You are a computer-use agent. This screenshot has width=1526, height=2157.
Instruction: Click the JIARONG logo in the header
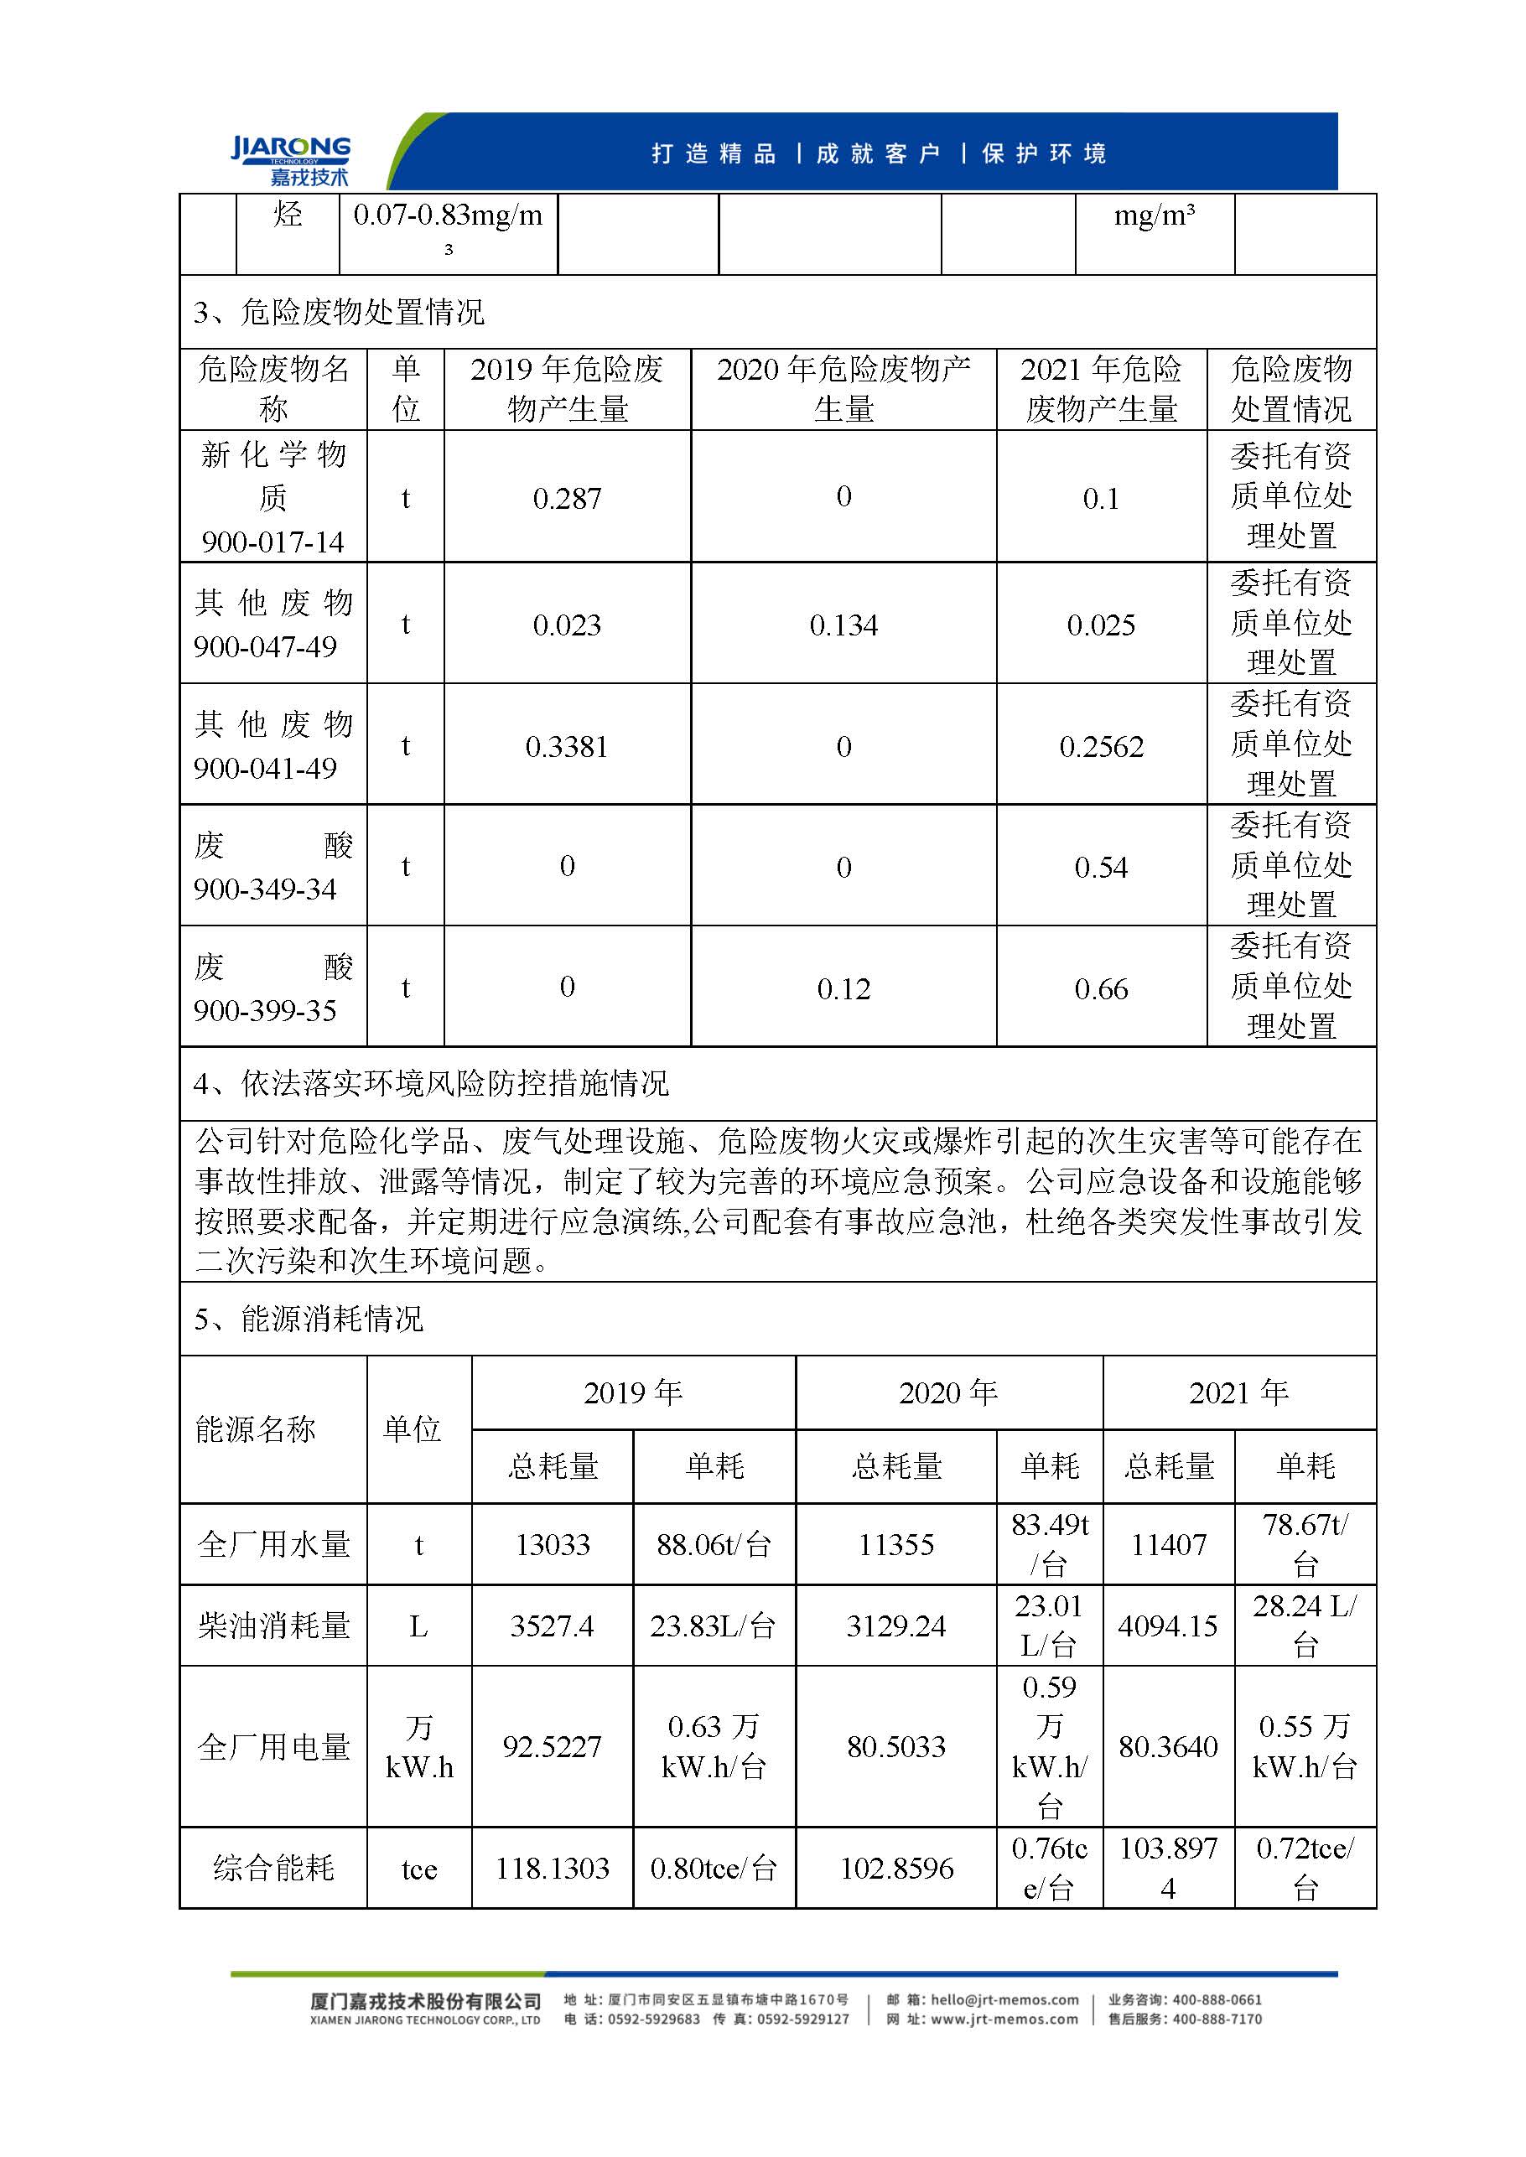point(290,160)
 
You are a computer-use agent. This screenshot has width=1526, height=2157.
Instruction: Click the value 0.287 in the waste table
point(567,498)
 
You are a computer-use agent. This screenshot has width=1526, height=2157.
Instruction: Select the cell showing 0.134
point(843,625)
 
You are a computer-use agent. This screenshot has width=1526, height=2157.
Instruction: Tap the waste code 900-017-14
point(272,542)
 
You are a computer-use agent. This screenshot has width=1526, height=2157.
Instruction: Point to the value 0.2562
point(1101,747)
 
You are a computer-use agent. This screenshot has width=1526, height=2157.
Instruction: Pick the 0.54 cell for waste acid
point(1101,867)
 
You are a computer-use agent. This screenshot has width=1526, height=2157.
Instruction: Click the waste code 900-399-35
point(265,1011)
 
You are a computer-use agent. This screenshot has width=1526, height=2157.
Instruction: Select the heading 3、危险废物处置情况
point(338,312)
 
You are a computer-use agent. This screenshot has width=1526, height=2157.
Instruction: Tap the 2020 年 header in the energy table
point(948,1392)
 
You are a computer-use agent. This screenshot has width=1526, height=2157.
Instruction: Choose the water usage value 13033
point(553,1545)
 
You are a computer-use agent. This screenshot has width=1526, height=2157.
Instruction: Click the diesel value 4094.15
point(1168,1626)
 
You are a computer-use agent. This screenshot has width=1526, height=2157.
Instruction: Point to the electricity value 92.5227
point(553,1746)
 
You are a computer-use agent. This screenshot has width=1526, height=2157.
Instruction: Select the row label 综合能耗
point(273,1868)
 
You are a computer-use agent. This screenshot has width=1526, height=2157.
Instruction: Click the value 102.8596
point(896,1868)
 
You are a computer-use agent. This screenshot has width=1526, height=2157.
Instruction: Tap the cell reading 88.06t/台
point(714,1545)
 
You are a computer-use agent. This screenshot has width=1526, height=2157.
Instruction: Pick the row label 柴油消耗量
point(273,1626)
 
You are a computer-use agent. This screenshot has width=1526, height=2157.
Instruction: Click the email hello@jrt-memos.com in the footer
point(1004,1999)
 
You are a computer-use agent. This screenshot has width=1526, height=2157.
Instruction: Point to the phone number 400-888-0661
point(1217,1999)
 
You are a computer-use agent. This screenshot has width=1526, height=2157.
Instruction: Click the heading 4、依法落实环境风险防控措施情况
point(430,1084)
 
